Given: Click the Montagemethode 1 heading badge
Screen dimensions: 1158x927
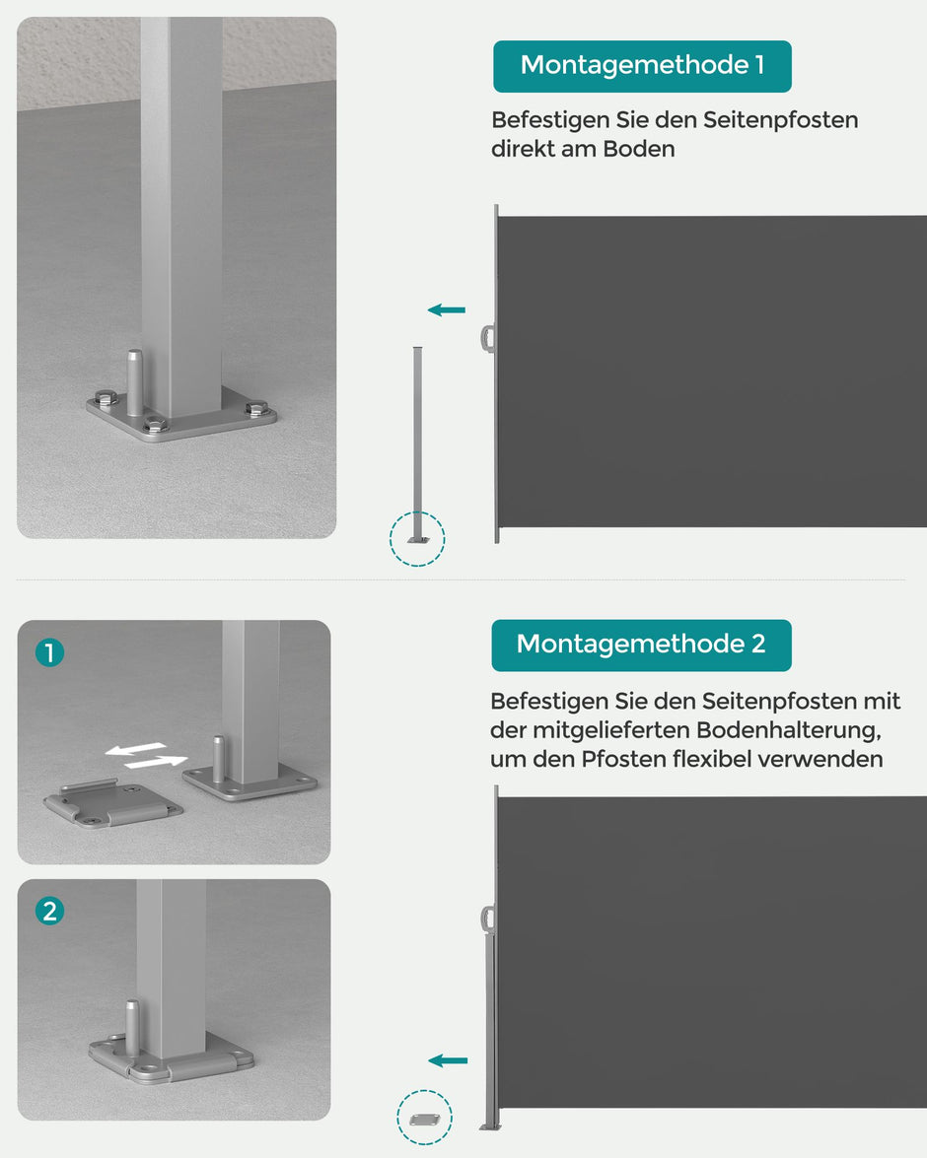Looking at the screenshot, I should [642, 66].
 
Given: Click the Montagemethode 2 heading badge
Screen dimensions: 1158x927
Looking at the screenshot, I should [641, 645].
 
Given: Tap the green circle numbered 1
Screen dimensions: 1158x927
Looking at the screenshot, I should [49, 652].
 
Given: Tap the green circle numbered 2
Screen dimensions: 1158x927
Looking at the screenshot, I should [49, 912].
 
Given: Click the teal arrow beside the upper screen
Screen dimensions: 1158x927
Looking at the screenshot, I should [447, 310].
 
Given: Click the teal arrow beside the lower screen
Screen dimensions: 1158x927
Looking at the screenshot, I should [449, 1060].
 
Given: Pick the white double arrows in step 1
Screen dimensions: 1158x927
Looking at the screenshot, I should [146, 756].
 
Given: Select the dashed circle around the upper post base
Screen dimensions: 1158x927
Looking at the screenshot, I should [417, 538].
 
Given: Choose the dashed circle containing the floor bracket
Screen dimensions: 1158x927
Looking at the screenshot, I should [424, 1118].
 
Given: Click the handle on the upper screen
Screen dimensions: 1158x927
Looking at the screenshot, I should [487, 338].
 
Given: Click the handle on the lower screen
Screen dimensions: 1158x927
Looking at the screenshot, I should [487, 918].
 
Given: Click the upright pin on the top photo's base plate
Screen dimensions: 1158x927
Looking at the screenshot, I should [134, 382].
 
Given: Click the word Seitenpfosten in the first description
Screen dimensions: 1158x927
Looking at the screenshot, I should [780, 120].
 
